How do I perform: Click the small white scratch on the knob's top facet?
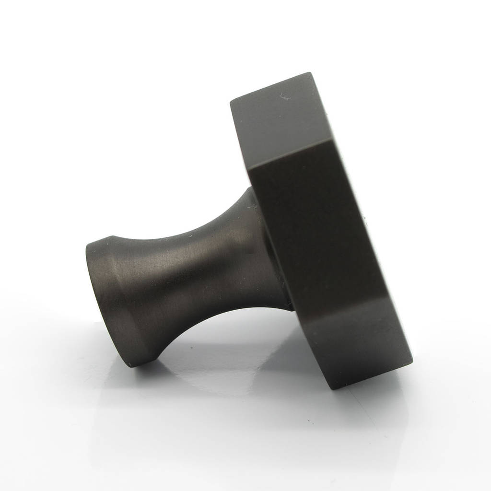284,98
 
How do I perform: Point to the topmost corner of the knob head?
309,73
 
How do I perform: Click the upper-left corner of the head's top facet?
231,101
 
